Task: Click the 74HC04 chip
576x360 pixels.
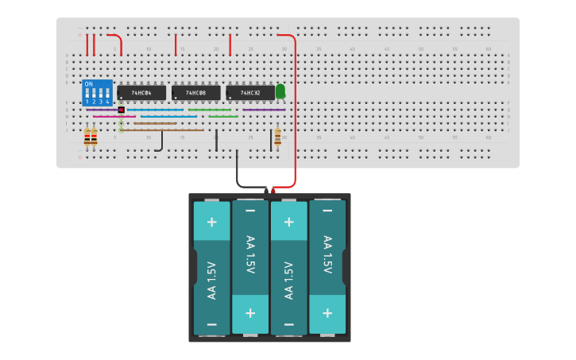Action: click(141, 93)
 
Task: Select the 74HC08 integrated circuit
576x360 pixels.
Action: click(196, 93)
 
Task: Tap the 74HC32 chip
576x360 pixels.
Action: click(250, 93)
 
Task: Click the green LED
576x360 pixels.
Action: click(280, 91)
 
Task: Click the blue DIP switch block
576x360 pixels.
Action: click(97, 92)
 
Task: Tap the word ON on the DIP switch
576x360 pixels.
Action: click(88, 83)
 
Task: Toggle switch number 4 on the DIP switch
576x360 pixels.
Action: click(107, 95)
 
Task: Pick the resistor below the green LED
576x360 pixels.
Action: click(277, 138)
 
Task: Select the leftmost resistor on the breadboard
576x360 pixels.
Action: click(87, 139)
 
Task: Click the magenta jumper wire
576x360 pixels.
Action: click(109, 117)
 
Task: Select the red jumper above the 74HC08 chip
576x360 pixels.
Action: click(176, 45)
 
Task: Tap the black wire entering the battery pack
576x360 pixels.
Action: click(238, 171)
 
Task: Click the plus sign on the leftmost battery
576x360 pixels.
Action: click(211, 222)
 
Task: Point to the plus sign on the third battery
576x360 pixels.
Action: click(288, 222)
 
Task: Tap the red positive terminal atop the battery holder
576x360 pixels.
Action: click(273, 191)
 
